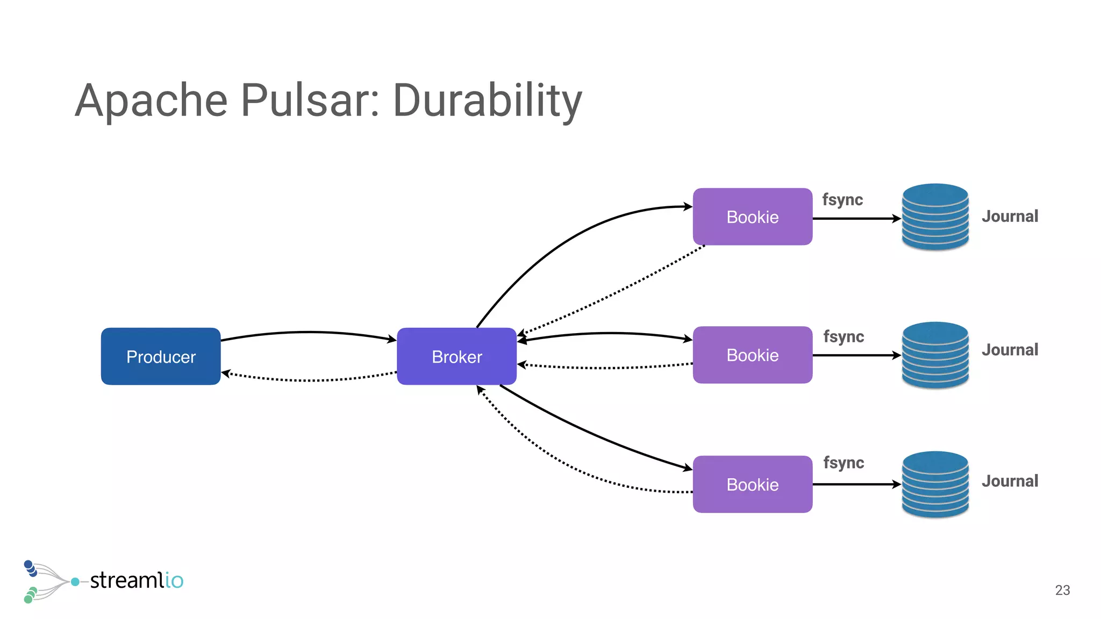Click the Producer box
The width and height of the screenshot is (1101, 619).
click(161, 356)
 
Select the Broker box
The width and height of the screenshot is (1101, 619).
click(456, 356)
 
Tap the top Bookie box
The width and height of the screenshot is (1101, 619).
click(752, 217)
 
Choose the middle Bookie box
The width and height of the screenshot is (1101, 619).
click(752, 355)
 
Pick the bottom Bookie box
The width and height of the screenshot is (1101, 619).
click(752, 484)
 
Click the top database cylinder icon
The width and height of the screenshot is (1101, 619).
click(935, 217)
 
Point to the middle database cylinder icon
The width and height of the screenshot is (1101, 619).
click(935, 355)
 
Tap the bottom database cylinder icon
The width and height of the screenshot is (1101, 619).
click(935, 484)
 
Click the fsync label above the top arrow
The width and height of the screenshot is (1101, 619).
click(842, 200)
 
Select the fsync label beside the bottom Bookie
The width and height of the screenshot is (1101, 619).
click(843, 463)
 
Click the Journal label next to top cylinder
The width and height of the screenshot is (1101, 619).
click(1010, 217)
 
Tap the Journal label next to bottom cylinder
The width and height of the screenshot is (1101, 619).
click(1010, 481)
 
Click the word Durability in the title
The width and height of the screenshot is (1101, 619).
click(487, 100)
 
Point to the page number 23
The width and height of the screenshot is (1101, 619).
click(1062, 590)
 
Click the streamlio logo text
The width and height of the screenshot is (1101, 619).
click(137, 580)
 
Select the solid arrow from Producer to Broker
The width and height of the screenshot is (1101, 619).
click(309, 333)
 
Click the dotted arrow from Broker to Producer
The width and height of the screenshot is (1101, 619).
click(309, 380)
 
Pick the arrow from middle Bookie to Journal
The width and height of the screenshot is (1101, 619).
click(856, 355)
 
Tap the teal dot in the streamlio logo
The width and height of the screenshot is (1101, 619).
click(75, 582)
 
